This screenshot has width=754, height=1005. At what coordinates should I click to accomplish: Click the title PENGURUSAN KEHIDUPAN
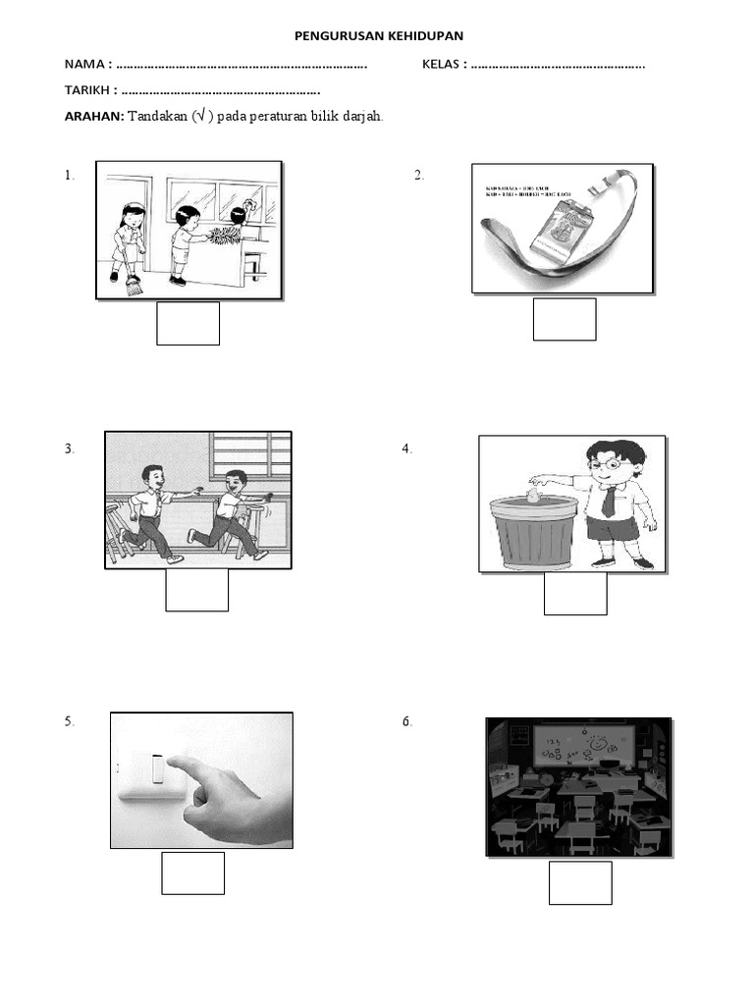click(379, 36)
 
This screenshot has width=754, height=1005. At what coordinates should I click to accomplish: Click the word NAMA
click(85, 65)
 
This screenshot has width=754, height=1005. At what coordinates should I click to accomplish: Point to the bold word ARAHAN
click(93, 116)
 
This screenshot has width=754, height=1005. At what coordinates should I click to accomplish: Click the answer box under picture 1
click(188, 324)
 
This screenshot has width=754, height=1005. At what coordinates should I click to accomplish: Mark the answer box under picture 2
click(565, 319)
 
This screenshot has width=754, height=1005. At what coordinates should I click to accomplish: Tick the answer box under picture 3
click(196, 589)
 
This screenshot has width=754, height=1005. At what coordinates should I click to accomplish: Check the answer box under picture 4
click(575, 594)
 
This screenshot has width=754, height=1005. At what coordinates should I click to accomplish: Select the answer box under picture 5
click(193, 873)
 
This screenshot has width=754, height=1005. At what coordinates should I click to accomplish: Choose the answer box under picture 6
click(580, 882)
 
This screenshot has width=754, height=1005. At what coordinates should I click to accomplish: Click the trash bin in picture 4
click(533, 533)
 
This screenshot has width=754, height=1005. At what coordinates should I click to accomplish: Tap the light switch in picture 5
click(158, 768)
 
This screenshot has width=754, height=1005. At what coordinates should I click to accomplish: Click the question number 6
click(407, 722)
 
